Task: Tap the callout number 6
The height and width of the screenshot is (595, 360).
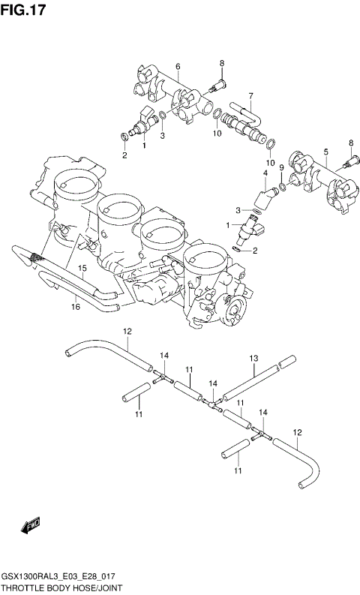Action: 178,68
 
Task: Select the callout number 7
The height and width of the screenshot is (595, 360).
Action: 251,95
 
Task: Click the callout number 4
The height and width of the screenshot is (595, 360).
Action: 265,174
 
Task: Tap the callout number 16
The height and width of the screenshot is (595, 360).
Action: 75,305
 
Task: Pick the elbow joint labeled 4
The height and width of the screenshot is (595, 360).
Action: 264,198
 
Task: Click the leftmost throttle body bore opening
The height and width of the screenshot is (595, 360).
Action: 78,184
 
